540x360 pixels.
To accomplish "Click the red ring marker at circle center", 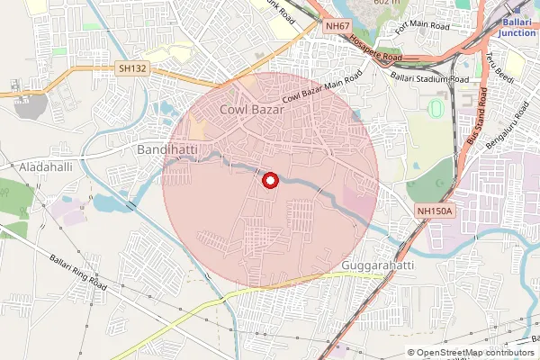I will tap(269, 181).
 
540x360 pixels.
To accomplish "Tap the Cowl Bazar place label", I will tap(251, 110).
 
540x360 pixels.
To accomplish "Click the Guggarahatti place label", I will tap(378, 267).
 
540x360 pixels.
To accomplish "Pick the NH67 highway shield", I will tap(338, 26).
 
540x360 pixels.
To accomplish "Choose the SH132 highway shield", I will tap(131, 68).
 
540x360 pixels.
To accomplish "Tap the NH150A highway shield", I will tap(436, 211).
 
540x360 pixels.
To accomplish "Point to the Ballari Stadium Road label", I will tap(429, 78).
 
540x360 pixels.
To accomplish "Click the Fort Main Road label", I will tap(416, 40).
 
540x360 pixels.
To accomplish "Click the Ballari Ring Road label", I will tap(80, 270).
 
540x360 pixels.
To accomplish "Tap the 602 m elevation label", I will tap(387, 4).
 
